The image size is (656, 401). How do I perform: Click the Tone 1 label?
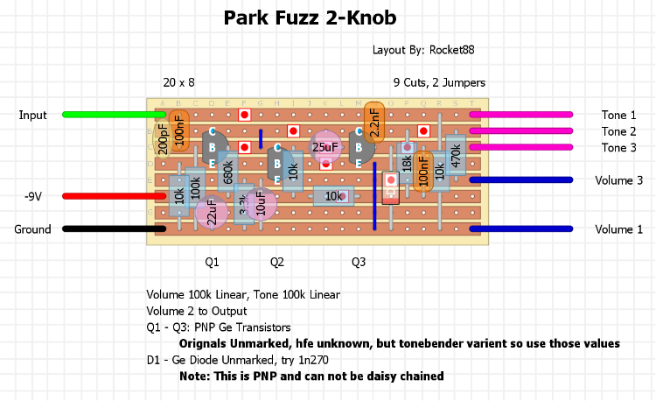(x=619, y=115)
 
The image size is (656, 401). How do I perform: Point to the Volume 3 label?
(x=619, y=180)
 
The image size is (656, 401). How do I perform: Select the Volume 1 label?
(x=619, y=230)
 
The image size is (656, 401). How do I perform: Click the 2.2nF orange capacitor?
(x=373, y=123)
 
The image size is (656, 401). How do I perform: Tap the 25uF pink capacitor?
(x=325, y=147)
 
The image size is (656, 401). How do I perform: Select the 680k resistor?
(x=228, y=172)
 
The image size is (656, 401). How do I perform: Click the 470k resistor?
(x=455, y=156)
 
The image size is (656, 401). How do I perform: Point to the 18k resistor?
(x=407, y=164)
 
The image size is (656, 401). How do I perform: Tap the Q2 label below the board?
(x=276, y=262)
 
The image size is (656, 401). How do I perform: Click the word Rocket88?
(x=456, y=51)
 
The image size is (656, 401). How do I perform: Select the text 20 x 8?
(x=178, y=83)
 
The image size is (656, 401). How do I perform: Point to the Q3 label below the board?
(x=359, y=262)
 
